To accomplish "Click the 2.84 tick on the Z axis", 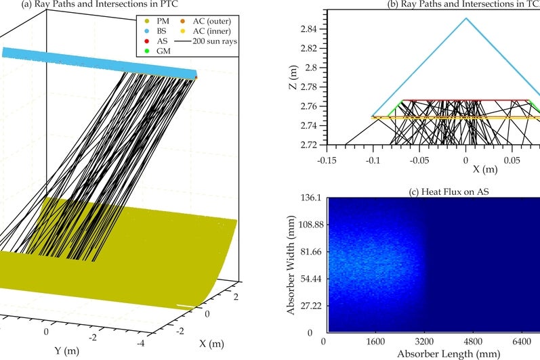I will (x=308, y=29).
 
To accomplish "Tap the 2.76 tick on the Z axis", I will (x=308, y=106).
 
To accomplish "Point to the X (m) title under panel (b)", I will (x=465, y=168).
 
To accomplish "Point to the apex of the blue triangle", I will (x=465, y=18).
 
